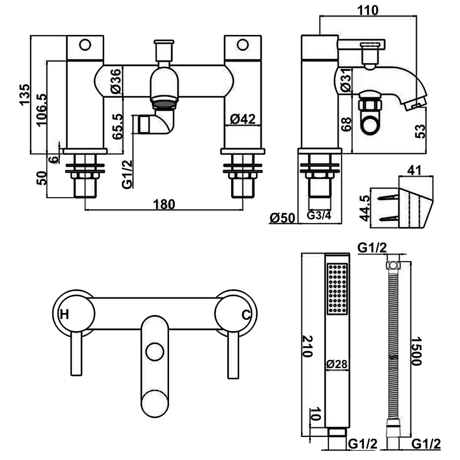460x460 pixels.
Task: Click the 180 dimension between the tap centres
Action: tap(164, 204)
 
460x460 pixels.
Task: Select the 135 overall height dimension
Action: tap(25, 94)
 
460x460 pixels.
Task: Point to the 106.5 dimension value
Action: tap(41, 109)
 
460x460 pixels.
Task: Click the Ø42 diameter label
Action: tap(243, 119)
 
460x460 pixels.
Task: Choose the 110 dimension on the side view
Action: tap(368, 10)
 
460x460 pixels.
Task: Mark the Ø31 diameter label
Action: tap(346, 79)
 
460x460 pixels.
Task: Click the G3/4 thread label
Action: tap(319, 216)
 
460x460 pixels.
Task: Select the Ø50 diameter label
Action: tap(282, 218)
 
